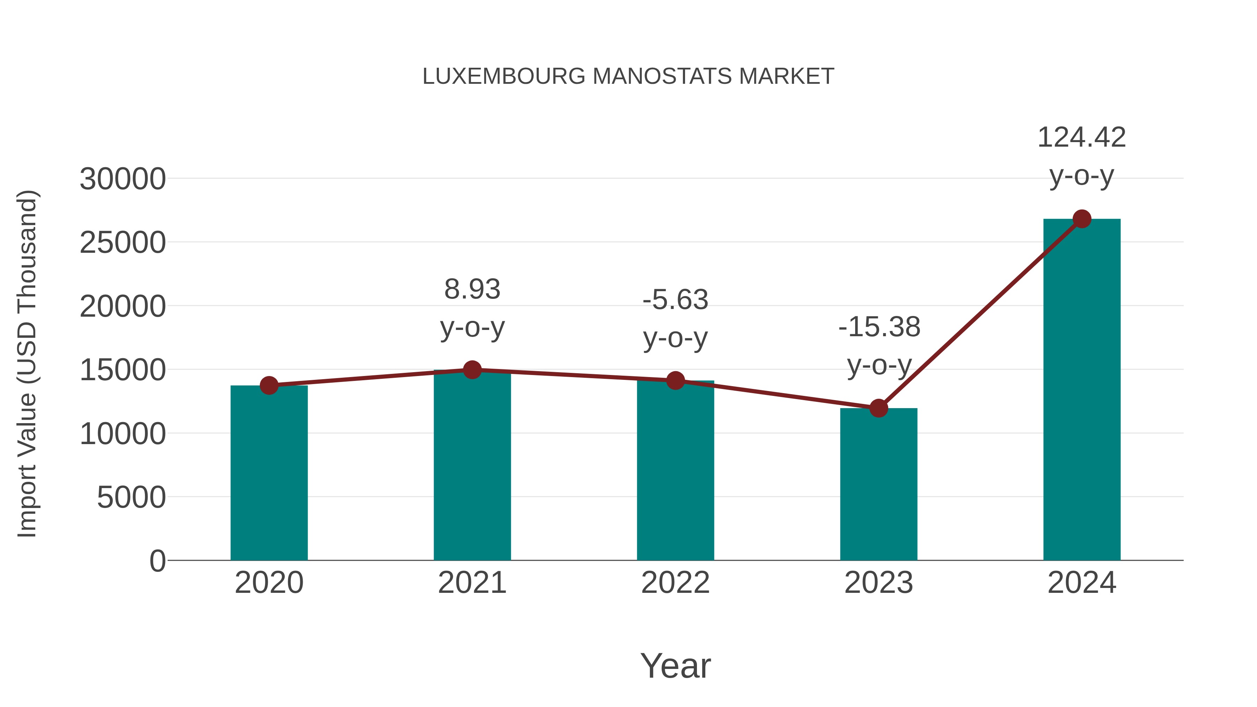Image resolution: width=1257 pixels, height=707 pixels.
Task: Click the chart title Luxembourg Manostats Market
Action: (x=628, y=76)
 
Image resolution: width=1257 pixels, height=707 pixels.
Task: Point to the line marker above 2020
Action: (x=269, y=385)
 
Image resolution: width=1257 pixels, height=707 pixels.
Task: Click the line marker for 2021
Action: (x=472, y=370)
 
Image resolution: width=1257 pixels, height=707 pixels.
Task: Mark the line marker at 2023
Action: (x=879, y=408)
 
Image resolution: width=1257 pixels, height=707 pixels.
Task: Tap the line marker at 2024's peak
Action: (x=1082, y=219)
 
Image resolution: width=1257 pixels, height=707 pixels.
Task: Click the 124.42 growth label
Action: (x=1081, y=138)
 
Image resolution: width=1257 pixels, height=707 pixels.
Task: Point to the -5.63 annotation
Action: (x=675, y=300)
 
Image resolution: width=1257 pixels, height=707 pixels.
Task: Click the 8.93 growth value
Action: (x=472, y=289)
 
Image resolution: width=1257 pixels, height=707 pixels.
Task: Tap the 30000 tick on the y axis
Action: (x=123, y=179)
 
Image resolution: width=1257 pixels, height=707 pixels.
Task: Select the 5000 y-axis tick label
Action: (x=131, y=497)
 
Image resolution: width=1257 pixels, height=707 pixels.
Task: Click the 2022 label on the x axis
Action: (x=675, y=583)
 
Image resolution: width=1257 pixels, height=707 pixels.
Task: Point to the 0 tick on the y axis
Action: (x=157, y=561)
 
